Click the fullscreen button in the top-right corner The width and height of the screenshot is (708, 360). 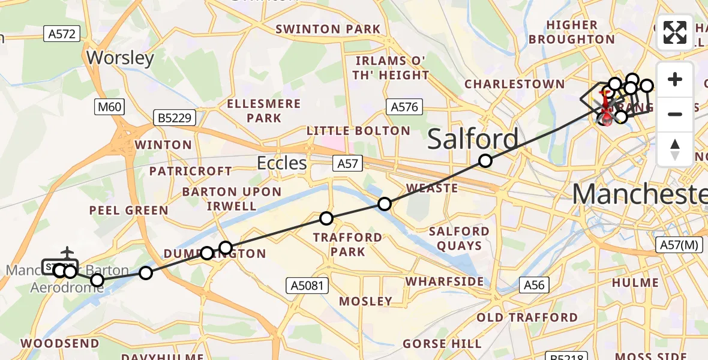[675, 32]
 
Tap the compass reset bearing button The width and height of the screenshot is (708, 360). [675, 149]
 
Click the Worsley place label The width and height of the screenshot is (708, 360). [121, 58]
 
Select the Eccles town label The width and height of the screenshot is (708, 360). [282, 163]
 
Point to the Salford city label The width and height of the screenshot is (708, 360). [473, 139]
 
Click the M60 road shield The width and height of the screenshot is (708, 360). [109, 107]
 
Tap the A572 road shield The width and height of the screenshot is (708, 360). [62, 34]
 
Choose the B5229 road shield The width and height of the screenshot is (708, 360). [175, 118]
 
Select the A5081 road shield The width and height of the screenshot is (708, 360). [307, 286]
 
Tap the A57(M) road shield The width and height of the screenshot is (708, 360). [679, 245]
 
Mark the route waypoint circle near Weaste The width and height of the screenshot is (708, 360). [385, 204]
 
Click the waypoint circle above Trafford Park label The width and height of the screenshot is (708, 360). [326, 218]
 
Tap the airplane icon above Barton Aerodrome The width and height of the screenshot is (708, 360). [67, 251]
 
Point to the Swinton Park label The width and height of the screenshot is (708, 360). [328, 29]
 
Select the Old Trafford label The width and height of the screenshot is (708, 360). [527, 317]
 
